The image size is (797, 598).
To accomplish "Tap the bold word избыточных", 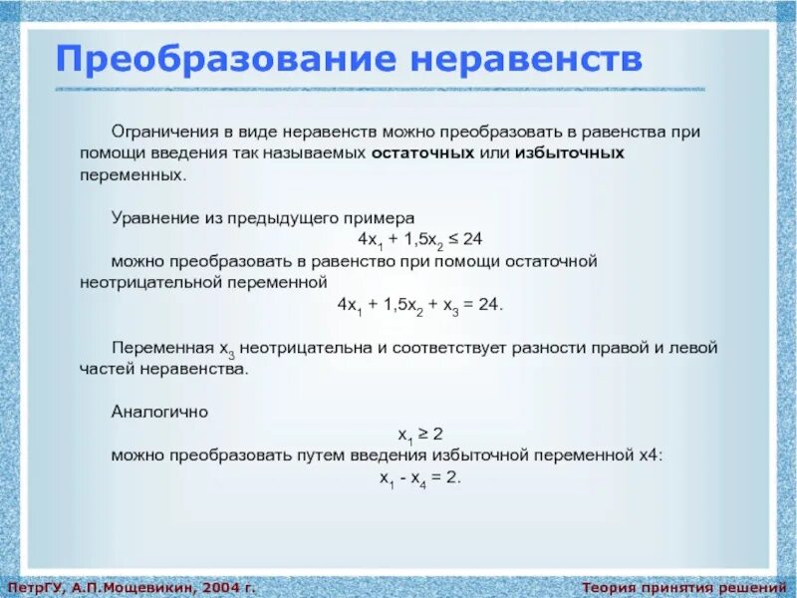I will pos(569,153).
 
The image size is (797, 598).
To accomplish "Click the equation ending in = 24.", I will pos(420,304).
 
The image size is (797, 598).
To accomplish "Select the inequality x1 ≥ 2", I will pos(420,433).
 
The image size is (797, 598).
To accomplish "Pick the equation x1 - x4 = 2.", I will pos(419,477).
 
